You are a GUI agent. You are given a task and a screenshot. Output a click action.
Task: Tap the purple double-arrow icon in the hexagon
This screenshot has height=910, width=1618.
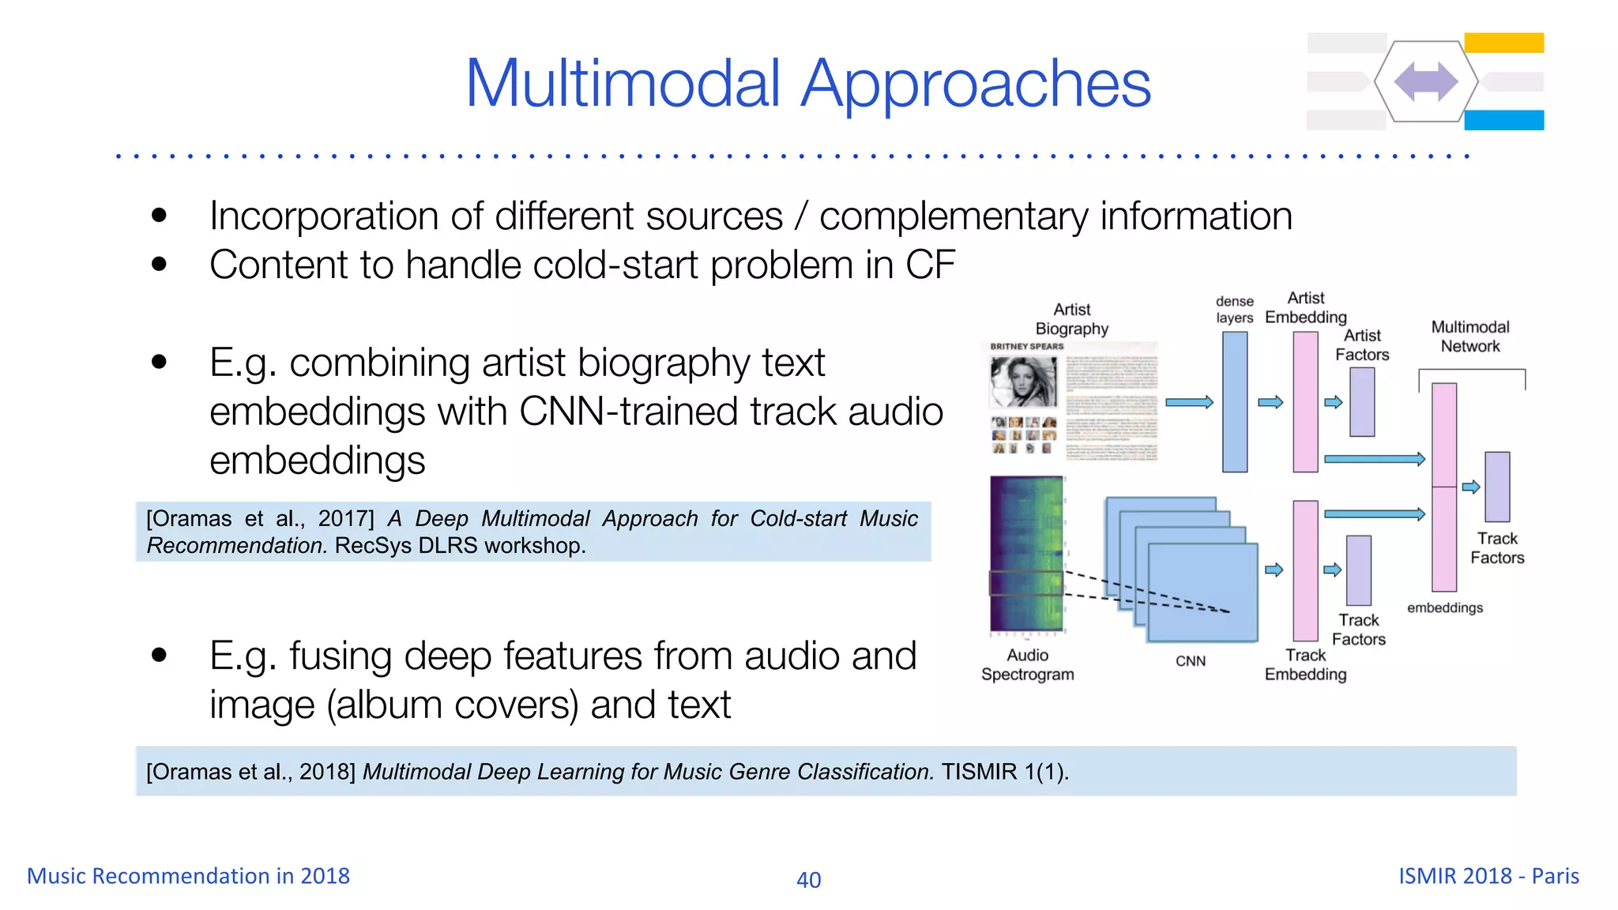pyautogui.click(x=1426, y=81)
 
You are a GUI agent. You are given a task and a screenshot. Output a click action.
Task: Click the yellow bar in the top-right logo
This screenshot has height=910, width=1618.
pyautogui.click(x=1503, y=43)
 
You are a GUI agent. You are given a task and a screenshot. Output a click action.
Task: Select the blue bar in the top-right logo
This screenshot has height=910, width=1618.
pyautogui.click(x=1503, y=120)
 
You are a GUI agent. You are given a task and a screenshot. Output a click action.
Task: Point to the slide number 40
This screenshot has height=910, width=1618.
pyautogui.click(x=808, y=879)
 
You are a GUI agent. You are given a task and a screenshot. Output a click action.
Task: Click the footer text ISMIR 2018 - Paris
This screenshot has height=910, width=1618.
pyautogui.click(x=1488, y=876)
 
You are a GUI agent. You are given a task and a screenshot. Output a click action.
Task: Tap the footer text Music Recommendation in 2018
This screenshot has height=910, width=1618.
pyautogui.click(x=188, y=876)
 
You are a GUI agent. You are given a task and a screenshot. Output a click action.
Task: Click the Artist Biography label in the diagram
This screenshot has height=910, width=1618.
pyautogui.click(x=1071, y=319)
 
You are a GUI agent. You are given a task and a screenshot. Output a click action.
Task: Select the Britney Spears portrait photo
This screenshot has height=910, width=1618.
pyautogui.click(x=1024, y=382)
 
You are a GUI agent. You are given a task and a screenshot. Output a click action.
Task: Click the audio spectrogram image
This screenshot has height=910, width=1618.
pyautogui.click(x=1027, y=554)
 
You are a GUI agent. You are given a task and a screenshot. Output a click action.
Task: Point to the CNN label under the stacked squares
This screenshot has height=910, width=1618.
pyautogui.click(x=1191, y=661)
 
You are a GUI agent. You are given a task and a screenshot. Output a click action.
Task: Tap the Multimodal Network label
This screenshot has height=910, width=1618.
pyautogui.click(x=1469, y=337)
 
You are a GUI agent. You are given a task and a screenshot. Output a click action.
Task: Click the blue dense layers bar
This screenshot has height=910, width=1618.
pyautogui.click(x=1235, y=401)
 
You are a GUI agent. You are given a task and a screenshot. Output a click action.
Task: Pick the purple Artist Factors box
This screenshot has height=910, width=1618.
pyautogui.click(x=1362, y=402)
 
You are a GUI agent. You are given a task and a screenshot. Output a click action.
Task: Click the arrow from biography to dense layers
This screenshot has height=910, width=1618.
pyautogui.click(x=1189, y=402)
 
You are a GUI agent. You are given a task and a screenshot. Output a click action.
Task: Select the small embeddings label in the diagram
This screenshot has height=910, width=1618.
pyautogui.click(x=1445, y=607)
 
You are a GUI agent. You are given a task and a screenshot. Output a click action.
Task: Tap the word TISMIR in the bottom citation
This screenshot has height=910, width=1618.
pyautogui.click(x=979, y=772)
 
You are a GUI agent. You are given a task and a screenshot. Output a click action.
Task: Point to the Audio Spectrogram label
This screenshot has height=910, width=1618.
pyautogui.click(x=1027, y=664)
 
